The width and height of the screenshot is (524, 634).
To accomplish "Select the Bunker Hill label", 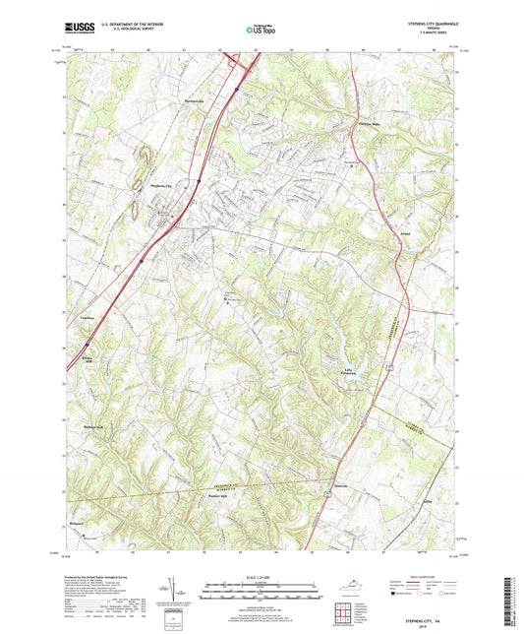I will tap(217, 496).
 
